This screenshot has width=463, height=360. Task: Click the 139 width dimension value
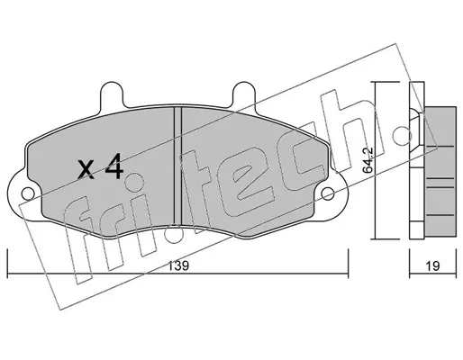[178, 266]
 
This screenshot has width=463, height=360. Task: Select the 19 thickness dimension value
[432, 266]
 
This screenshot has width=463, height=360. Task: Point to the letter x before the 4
[86, 170]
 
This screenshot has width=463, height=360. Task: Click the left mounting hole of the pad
[28, 193]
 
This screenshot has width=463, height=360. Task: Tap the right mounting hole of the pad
[328, 193]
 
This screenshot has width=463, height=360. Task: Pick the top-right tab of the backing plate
[244, 94]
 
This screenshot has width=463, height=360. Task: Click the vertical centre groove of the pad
[178, 166]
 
